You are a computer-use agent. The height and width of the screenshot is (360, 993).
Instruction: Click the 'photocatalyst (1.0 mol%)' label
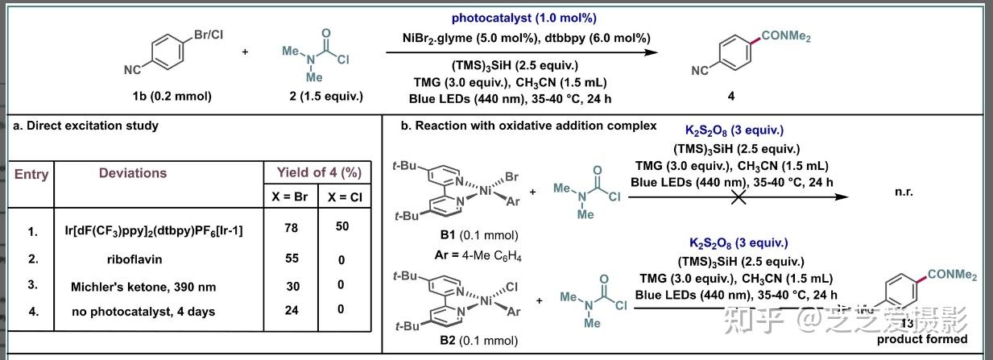[523, 18]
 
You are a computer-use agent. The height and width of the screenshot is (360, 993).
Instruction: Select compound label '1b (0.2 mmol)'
[172, 97]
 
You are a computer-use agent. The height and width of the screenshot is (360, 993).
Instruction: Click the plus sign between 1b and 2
[245, 52]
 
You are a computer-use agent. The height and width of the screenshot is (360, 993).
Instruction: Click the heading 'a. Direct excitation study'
[85, 126]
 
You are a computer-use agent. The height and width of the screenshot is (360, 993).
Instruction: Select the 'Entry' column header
[31, 174]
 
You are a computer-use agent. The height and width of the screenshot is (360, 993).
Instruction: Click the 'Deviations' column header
[133, 173]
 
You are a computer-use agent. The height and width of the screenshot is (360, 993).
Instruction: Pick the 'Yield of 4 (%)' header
[319, 172]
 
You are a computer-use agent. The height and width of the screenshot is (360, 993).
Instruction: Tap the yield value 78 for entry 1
[291, 229]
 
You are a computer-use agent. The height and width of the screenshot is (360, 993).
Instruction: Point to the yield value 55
[291, 259]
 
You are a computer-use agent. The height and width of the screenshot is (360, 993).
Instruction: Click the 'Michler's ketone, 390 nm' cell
[144, 287]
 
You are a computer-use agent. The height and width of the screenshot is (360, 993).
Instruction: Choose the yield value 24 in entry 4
[291, 310]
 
